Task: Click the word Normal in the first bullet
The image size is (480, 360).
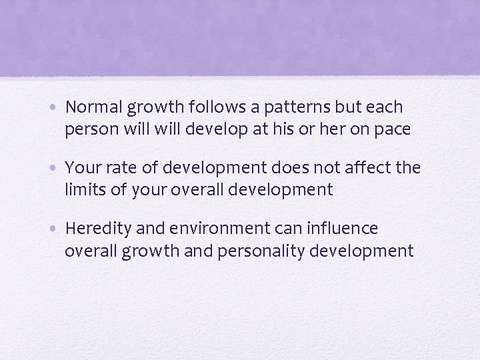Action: coord(93,107)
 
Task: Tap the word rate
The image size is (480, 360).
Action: coord(115,168)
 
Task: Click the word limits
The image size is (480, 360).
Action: coord(85,189)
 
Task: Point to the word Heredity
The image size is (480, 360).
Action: coord(98,229)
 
